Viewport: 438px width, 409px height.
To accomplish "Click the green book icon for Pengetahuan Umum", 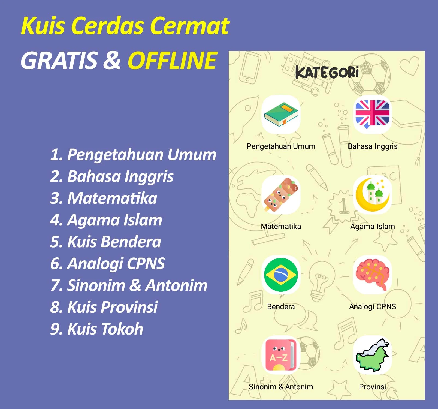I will [281, 115].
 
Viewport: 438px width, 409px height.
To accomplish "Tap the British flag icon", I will [373, 114].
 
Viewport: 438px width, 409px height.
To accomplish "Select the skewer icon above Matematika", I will [281, 195].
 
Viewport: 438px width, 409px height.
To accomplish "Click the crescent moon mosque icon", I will [373, 195].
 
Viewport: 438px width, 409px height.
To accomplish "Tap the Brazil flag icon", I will [281, 275].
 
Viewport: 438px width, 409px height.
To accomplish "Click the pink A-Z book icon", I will [281, 354].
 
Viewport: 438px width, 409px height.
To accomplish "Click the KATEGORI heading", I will [327, 73].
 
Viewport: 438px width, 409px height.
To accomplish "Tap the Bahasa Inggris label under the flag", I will [373, 146].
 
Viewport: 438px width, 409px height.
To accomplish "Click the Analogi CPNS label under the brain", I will [373, 307].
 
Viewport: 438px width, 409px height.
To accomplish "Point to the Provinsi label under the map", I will [373, 387].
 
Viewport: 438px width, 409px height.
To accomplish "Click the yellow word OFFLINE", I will [173, 61].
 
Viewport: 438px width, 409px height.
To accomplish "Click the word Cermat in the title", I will [190, 26].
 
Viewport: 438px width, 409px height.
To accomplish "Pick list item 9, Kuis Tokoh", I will [97, 329].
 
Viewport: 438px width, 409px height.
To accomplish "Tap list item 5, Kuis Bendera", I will [106, 242].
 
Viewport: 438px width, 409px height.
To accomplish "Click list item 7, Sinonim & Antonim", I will [129, 285].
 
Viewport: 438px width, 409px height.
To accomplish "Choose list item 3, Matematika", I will [104, 198].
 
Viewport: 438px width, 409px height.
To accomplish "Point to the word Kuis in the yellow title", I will [43, 26].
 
